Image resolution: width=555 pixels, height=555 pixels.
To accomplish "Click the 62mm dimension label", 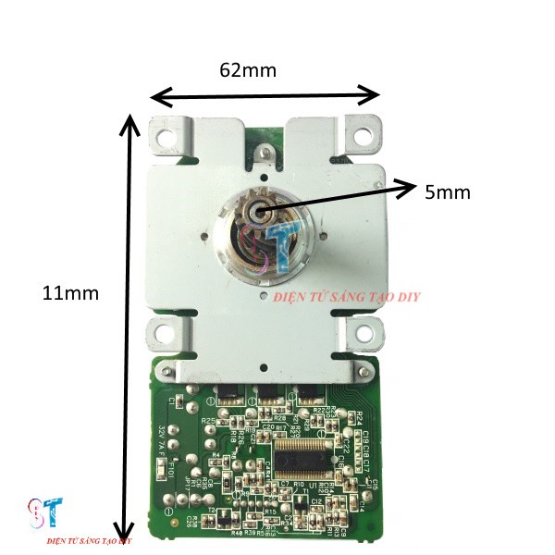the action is [x=248, y=69].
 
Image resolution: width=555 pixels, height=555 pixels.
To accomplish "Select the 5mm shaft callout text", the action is [x=448, y=192].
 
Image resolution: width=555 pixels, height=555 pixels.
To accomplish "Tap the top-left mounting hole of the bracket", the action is [x=166, y=136].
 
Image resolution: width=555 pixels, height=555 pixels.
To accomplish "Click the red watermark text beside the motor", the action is [x=349, y=297].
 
